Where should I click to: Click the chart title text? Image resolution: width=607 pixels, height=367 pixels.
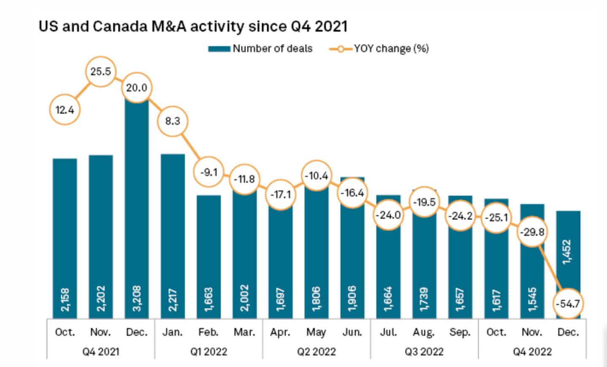[193, 26]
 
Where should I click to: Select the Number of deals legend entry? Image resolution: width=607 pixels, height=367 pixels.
[261, 49]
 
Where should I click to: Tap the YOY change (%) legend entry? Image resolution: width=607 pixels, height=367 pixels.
[379, 49]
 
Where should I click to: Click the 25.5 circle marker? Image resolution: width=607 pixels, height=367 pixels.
[100, 71]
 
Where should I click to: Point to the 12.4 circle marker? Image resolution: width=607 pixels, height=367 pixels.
[65, 110]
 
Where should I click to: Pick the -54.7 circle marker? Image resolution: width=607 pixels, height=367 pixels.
[568, 303]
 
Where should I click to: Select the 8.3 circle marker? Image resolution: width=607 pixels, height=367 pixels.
[173, 121]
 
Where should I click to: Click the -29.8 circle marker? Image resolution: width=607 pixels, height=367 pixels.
[532, 232]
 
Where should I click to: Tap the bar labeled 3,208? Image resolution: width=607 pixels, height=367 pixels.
[137, 211]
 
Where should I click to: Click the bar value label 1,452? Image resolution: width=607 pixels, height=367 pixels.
[568, 252]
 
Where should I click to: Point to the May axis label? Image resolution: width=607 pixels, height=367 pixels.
[316, 332]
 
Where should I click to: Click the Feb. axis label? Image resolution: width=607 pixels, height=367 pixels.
[209, 332]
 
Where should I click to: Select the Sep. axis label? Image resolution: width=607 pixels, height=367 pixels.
[460, 332]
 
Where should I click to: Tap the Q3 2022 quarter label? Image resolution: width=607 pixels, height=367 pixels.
[424, 351]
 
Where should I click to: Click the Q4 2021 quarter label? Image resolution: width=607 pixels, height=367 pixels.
[101, 351]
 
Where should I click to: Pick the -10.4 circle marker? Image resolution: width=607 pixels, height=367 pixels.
[316, 175]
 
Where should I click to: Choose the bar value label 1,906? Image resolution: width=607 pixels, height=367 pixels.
[352, 299]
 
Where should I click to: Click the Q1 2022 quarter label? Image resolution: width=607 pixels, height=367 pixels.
[209, 351]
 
